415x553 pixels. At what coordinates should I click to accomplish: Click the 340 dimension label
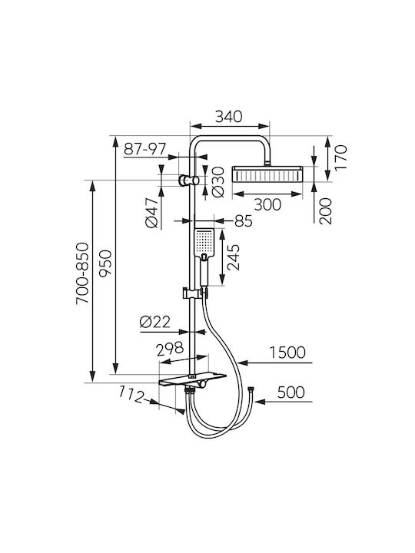[229, 117]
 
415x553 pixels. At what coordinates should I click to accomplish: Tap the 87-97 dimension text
[144, 149]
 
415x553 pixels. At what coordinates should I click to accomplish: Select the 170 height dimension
[341, 157]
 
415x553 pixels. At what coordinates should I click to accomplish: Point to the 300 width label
[267, 204]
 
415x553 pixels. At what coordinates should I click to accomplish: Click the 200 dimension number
[326, 211]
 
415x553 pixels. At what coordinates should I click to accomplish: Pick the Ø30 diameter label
[218, 182]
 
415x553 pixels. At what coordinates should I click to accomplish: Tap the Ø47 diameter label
[151, 213]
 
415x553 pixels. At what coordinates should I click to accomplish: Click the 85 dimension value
[243, 221]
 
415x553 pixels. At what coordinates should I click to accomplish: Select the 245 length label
[233, 257]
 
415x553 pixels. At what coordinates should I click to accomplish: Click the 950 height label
[105, 263]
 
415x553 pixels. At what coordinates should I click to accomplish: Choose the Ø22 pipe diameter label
[155, 322]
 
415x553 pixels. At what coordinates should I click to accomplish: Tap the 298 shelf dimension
[170, 348]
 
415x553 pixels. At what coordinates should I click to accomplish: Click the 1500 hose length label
[287, 353]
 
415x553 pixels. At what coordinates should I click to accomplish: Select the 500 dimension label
[290, 392]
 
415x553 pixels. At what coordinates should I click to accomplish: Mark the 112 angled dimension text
[131, 395]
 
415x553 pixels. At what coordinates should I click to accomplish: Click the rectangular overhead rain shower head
[267, 174]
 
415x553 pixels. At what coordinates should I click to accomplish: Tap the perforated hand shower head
[204, 243]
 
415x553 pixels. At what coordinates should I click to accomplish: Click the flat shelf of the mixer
[192, 379]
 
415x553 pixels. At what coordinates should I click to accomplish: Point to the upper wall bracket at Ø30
[189, 180]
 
